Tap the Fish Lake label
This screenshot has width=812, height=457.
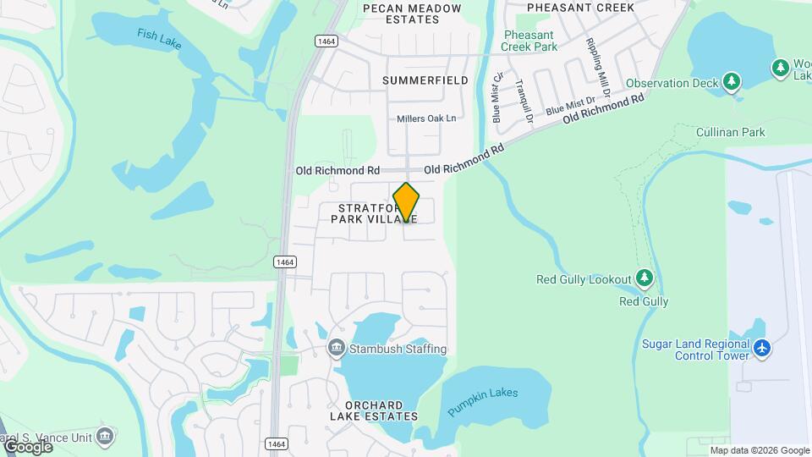(x=158, y=36)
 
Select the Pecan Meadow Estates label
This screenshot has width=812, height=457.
(x=412, y=14)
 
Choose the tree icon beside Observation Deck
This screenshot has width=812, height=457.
(x=732, y=82)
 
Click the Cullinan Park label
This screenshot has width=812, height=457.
(x=730, y=132)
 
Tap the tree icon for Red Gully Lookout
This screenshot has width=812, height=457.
(x=645, y=278)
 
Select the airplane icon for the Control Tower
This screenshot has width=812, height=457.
(x=763, y=348)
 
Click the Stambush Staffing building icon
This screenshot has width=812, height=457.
(x=336, y=349)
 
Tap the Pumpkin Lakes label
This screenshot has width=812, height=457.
(x=483, y=401)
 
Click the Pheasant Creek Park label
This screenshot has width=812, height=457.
(x=529, y=41)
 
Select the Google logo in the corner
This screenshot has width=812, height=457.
(x=27, y=446)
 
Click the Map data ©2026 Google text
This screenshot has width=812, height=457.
(x=760, y=450)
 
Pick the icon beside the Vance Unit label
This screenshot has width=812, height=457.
(x=105, y=437)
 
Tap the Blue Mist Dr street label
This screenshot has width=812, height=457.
(x=566, y=107)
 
